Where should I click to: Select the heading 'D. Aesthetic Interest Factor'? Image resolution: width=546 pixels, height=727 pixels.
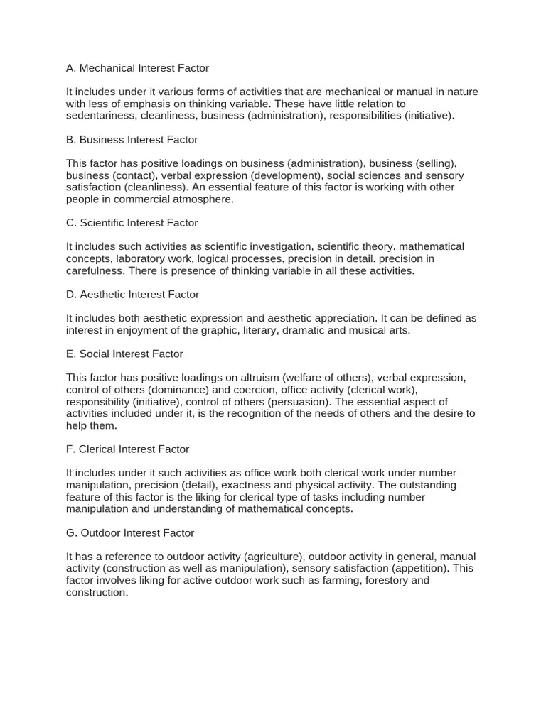(x=132, y=294)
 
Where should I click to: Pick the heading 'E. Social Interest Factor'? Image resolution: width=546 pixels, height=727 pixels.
(x=124, y=354)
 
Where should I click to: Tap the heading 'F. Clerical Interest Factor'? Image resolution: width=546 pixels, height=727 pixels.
(x=127, y=449)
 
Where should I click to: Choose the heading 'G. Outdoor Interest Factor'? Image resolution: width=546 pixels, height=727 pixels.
(x=129, y=532)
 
